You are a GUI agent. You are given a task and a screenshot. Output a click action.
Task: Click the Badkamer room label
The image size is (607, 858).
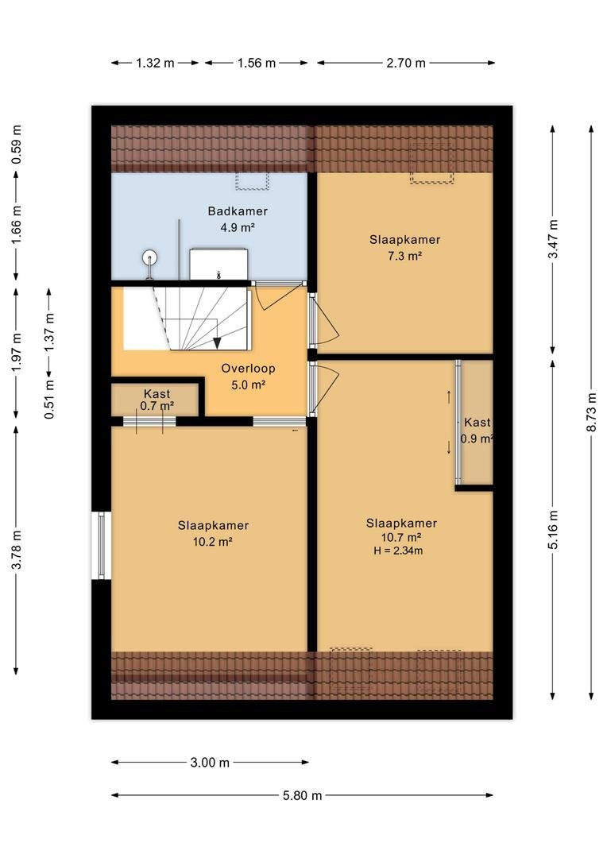coord(238,211)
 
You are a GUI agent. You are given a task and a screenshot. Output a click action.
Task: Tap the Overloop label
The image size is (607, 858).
coord(248,369)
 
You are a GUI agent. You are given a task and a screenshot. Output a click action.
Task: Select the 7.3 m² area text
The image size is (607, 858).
coord(404,256)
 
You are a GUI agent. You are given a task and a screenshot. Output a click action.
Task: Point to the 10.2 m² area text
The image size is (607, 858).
coord(213,542)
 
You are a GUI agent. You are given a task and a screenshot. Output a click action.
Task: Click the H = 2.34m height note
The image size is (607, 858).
coord(398,551)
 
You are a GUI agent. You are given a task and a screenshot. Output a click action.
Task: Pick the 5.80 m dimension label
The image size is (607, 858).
coord(302,795)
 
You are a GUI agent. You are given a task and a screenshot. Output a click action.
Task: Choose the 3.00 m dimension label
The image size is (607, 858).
coord(210,762)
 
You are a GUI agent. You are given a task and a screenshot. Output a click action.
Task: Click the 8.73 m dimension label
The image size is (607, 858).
coord(592,412)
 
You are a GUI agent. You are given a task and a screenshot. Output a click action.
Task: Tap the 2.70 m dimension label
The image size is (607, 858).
coord(405,63)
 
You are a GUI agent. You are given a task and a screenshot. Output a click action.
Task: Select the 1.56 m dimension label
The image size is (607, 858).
coord(256,63)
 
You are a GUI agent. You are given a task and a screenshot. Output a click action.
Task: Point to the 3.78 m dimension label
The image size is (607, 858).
coord(17,550)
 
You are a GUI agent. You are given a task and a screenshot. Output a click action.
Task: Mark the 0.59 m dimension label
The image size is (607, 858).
coord(17,145)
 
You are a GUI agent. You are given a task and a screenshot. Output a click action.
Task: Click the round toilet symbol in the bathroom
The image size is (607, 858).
coord(149,257)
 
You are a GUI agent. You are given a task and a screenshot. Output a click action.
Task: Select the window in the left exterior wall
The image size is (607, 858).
coord(101,545)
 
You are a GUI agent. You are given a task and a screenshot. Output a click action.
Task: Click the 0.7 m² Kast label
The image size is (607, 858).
coord(157,400)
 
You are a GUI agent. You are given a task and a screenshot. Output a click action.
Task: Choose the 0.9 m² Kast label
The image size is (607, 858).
coord(477,430)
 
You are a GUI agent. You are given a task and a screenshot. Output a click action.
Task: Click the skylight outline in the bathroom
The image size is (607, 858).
coord(253,181)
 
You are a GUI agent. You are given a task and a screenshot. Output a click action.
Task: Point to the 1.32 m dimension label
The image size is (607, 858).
coord(155,63)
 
